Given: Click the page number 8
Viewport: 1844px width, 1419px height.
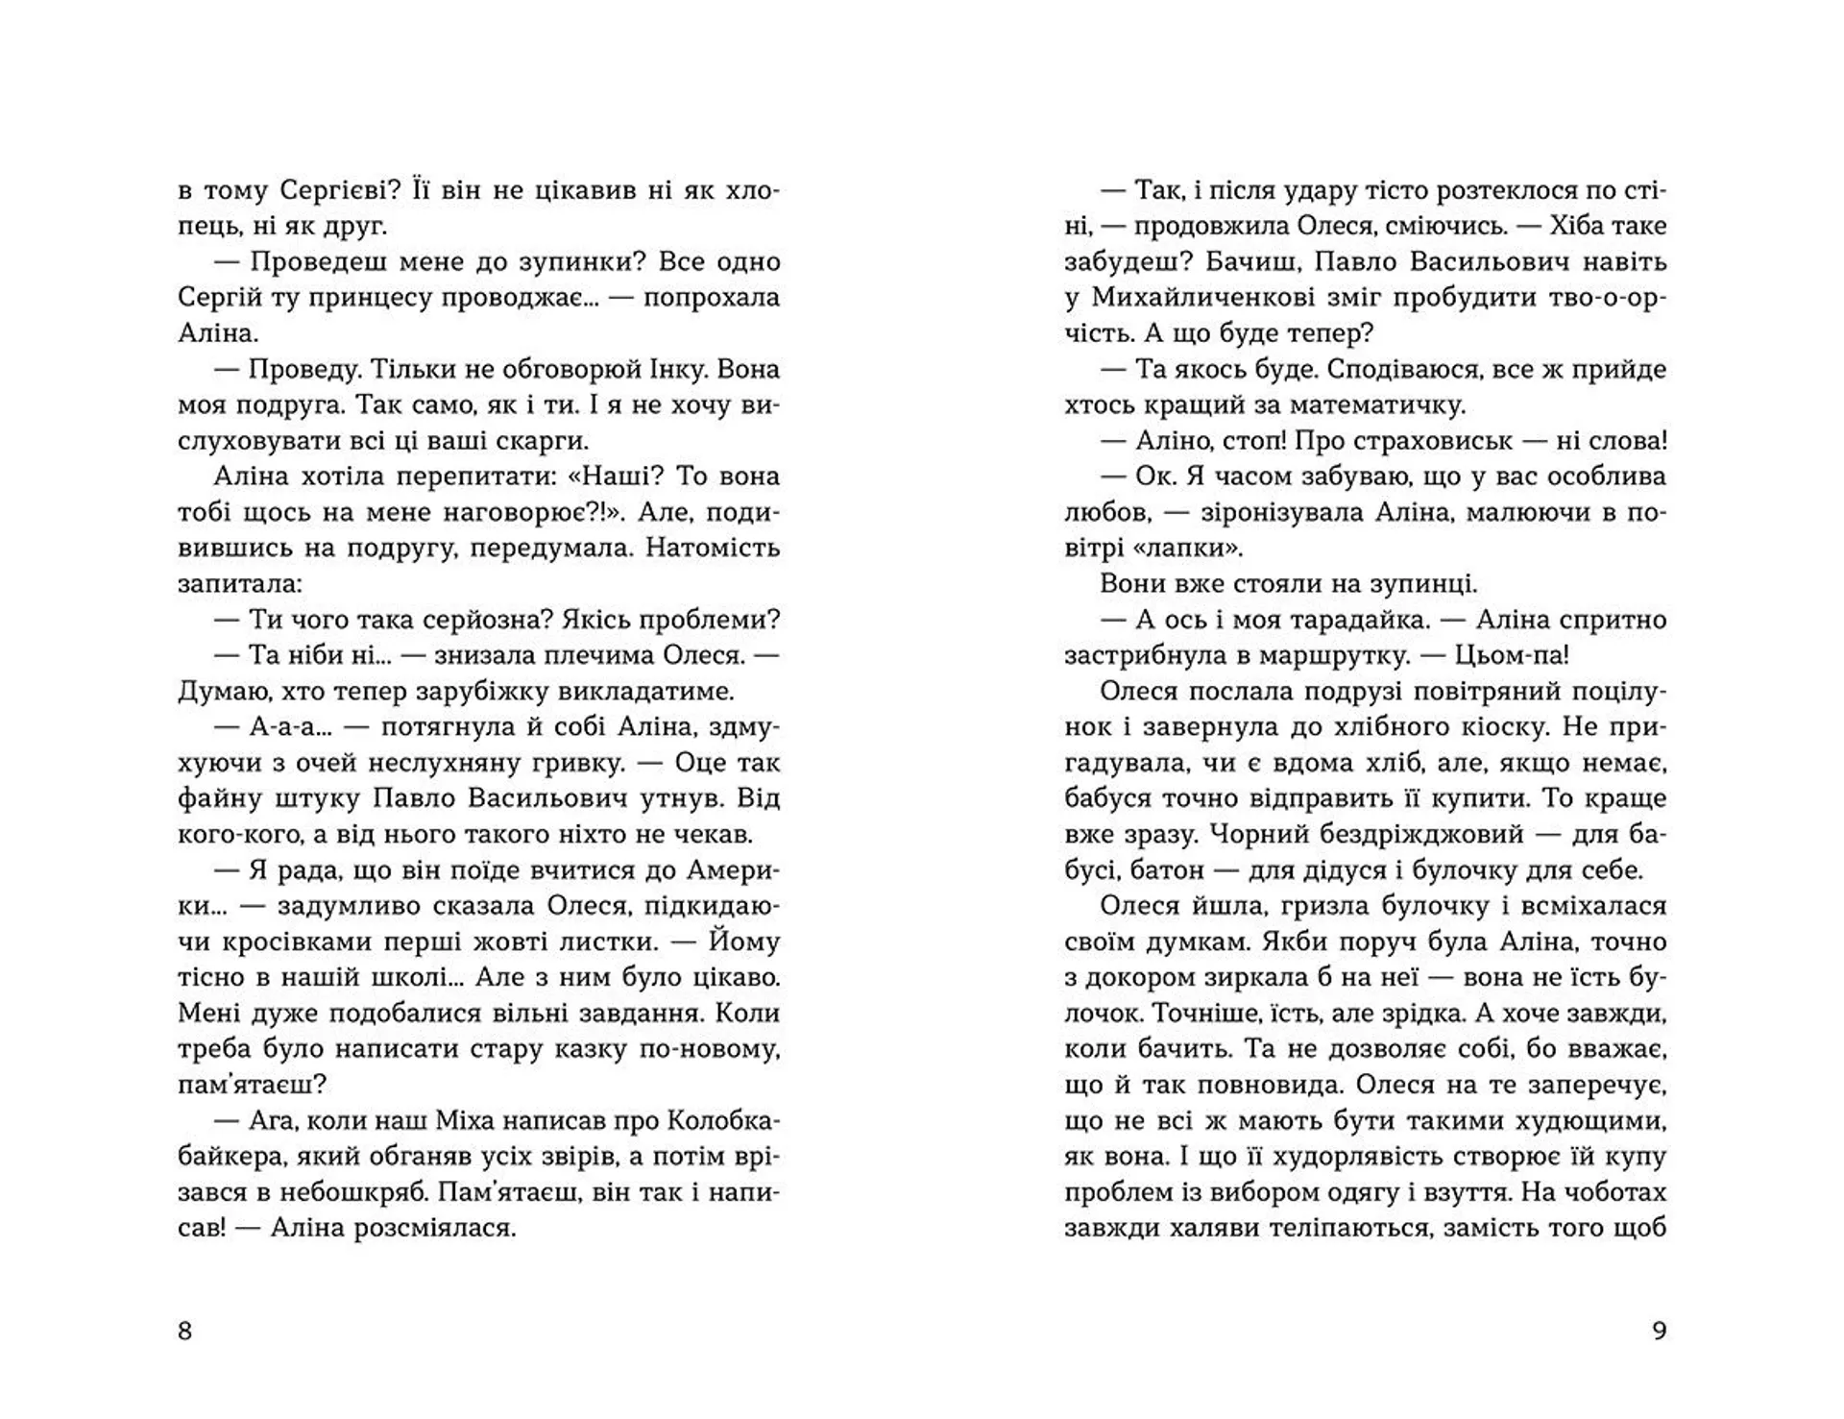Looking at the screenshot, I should (x=185, y=1331).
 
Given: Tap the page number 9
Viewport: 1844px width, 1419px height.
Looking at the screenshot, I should (x=1659, y=1331).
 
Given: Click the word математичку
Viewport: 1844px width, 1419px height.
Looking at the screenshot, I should (x=1382, y=405).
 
